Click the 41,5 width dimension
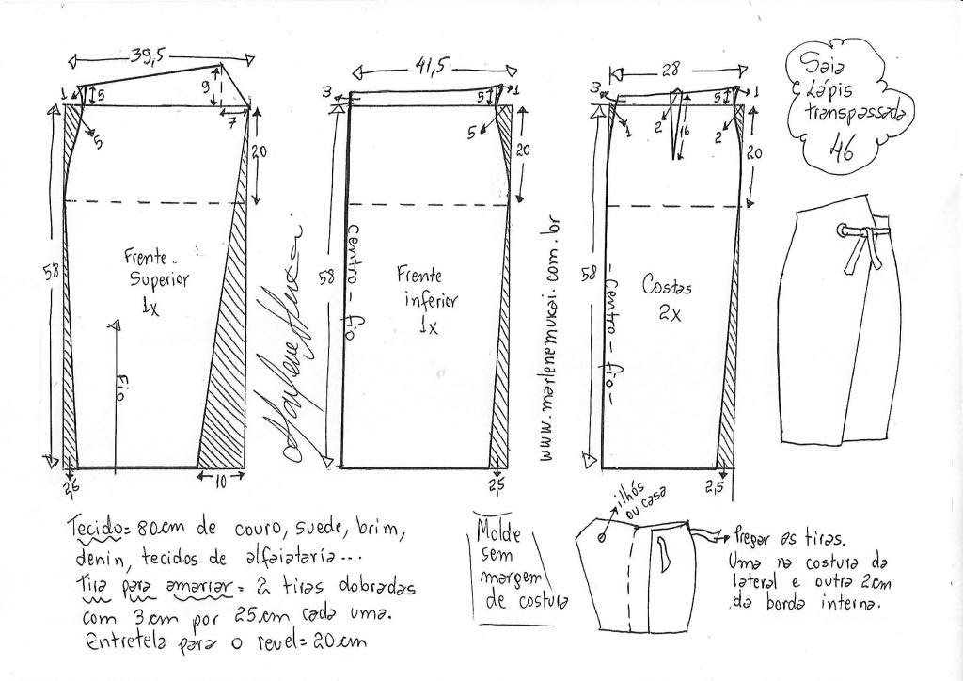(432, 67)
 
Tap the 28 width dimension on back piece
(670, 70)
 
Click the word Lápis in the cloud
(828, 92)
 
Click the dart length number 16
(687, 133)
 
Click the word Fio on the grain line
(118, 385)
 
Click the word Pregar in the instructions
(754, 540)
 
